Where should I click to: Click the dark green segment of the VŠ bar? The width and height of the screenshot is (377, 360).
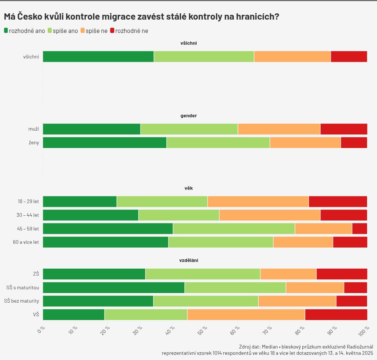(x=74, y=314)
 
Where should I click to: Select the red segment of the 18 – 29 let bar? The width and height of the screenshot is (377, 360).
(x=338, y=202)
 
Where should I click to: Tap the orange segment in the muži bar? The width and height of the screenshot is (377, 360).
(x=279, y=129)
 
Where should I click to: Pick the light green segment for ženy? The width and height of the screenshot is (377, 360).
(x=218, y=142)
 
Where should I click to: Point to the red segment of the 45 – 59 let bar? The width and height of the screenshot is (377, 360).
(x=360, y=229)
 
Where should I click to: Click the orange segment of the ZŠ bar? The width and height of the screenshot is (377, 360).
(x=288, y=274)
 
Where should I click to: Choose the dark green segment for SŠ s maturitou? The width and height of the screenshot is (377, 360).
(x=113, y=287)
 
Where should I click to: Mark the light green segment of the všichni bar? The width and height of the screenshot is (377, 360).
(x=204, y=57)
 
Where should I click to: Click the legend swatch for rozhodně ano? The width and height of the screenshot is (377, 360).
(x=6, y=31)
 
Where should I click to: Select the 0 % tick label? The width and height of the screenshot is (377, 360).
(x=41, y=329)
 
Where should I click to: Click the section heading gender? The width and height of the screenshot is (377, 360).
(x=188, y=116)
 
